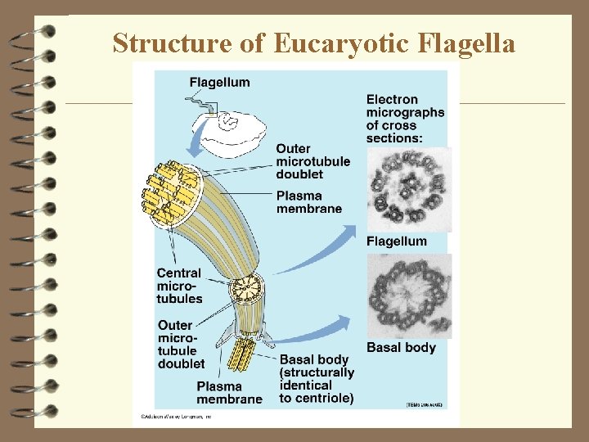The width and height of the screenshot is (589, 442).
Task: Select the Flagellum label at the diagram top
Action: (x=219, y=82)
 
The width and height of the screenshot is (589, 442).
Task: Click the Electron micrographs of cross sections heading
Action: (x=405, y=119)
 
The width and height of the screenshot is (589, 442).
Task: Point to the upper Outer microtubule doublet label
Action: (x=312, y=161)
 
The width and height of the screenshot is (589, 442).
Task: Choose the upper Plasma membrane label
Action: (x=308, y=202)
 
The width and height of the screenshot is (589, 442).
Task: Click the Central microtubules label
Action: (x=179, y=286)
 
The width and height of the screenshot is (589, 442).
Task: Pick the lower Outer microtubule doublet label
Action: (x=181, y=345)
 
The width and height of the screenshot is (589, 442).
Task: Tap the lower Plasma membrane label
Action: (x=229, y=392)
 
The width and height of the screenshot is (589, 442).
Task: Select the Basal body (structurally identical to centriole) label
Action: (x=317, y=379)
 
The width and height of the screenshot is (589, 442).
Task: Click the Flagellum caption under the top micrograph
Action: (x=396, y=241)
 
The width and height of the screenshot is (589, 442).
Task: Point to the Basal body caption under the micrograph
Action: (x=401, y=348)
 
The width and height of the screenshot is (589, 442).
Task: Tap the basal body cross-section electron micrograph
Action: (x=408, y=295)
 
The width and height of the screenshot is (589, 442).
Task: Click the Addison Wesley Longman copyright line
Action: (x=177, y=417)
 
